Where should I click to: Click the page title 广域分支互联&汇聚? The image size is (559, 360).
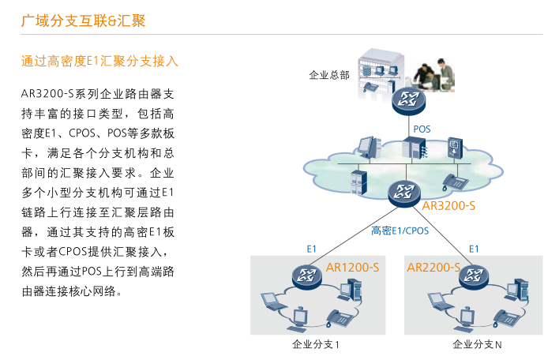point(83,21)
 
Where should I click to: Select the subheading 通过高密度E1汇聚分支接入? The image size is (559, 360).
point(99,61)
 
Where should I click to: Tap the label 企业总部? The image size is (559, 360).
point(329,75)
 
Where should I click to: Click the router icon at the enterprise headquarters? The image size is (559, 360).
point(408,101)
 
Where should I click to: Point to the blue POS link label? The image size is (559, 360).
point(422,129)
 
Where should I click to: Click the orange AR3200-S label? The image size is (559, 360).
point(448,206)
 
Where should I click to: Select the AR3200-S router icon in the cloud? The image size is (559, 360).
point(404,193)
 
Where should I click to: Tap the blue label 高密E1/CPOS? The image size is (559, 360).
point(400,231)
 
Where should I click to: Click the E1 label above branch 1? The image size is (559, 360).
point(311,249)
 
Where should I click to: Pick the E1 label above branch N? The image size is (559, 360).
point(474,249)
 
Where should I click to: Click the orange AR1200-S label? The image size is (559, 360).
point(352,268)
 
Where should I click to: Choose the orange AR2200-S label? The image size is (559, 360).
point(433,268)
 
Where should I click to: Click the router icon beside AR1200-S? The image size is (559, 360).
point(307,277)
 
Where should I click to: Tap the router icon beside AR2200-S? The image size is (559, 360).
point(474,277)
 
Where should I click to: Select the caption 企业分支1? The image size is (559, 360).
point(316,344)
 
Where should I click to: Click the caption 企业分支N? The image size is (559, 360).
point(477,344)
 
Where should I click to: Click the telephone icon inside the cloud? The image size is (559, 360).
point(455,182)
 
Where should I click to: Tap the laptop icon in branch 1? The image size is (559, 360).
point(272,302)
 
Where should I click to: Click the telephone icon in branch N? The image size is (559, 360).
point(507,318)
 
